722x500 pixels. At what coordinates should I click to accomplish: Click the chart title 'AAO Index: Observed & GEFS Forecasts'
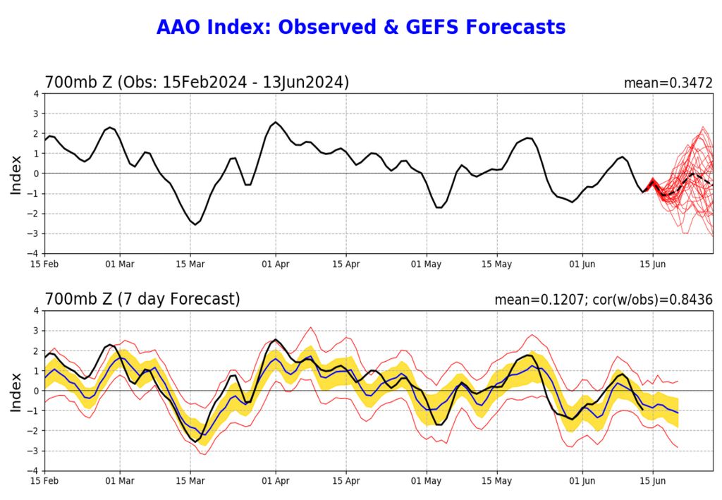click(360, 28)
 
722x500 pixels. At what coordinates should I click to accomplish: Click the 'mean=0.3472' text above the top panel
click(668, 83)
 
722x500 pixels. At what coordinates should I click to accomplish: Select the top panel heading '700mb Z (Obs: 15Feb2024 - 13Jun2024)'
click(197, 83)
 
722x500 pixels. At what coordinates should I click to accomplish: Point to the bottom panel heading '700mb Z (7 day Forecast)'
click(142, 299)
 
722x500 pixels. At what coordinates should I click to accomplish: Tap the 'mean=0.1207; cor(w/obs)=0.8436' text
click(604, 300)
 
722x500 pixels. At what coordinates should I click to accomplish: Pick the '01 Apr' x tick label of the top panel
click(275, 264)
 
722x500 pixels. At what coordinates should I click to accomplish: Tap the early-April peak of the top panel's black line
click(275, 122)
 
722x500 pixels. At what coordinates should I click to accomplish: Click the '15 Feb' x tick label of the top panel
click(45, 264)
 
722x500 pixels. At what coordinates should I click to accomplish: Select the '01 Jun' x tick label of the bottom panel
click(582, 481)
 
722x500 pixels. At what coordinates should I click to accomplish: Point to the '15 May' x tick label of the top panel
click(496, 264)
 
